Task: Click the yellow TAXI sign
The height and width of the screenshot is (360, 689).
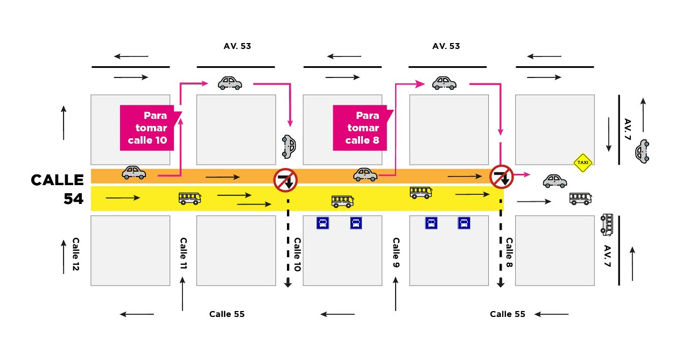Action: click(x=582, y=162)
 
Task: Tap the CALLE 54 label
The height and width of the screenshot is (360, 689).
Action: click(x=58, y=189)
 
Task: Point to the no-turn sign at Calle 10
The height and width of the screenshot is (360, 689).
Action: click(x=285, y=180)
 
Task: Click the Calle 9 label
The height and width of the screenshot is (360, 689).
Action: click(x=396, y=253)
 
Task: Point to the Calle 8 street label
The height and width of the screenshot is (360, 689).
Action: click(x=509, y=253)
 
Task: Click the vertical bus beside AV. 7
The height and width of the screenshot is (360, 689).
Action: click(x=607, y=224)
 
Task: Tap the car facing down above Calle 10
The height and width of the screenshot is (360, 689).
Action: click(x=289, y=146)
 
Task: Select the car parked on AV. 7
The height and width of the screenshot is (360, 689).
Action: click(x=642, y=151)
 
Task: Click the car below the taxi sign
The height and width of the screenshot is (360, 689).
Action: click(x=554, y=181)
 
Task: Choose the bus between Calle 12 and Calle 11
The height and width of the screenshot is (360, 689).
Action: click(x=189, y=198)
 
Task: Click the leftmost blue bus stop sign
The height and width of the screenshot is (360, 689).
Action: click(x=323, y=223)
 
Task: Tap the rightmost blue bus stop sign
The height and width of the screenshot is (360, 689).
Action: click(x=464, y=223)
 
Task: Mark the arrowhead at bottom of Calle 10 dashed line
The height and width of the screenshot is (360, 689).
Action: click(x=288, y=283)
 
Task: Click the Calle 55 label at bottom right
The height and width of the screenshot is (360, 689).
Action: click(x=507, y=314)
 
